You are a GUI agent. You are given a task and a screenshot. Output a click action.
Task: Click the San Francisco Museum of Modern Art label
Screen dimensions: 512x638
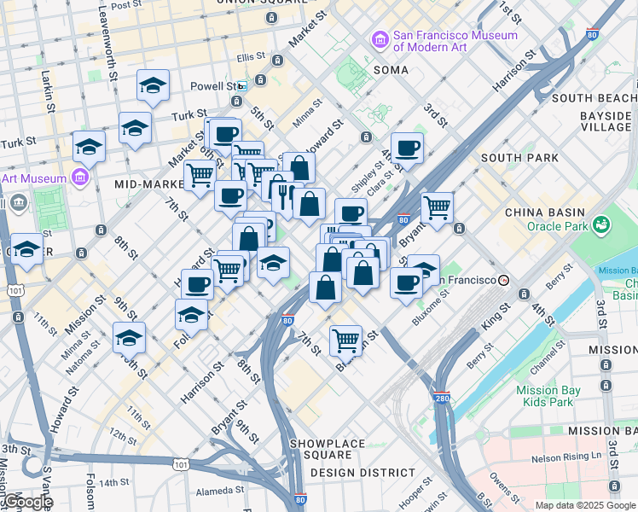point(455,42)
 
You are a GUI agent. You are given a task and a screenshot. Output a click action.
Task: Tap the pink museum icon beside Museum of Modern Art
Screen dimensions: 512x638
point(380,39)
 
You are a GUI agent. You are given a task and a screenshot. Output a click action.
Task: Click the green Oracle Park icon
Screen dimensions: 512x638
point(602,225)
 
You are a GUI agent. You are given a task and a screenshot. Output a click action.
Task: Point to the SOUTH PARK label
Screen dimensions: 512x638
point(519,158)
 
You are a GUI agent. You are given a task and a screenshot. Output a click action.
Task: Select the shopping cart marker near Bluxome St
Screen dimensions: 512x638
point(345,340)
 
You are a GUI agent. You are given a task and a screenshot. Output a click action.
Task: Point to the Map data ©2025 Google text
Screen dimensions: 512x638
point(584,505)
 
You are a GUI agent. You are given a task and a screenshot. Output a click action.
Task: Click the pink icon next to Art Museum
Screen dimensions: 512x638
point(80,177)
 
